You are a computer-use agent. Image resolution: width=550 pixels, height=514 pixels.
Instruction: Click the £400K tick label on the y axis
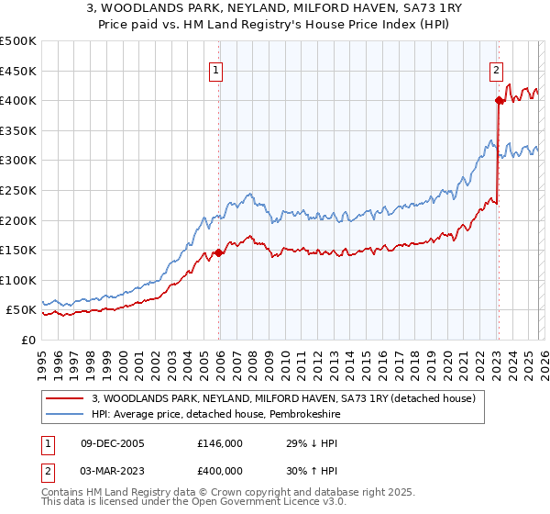[x=18, y=100]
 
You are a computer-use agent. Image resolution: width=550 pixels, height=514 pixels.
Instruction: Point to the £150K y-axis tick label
[x=18, y=250]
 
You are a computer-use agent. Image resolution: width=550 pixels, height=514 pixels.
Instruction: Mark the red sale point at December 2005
[x=218, y=252]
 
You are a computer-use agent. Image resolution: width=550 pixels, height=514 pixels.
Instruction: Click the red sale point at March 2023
[x=498, y=100]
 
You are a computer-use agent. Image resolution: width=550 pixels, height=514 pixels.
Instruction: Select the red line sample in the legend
[x=66, y=399]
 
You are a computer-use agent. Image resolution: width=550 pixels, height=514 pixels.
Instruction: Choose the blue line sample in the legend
[x=66, y=415]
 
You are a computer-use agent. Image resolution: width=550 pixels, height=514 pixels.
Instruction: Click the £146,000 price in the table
[x=220, y=442]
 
